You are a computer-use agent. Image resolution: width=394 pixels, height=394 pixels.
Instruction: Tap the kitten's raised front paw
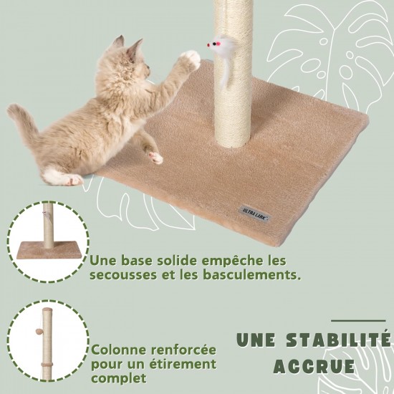191,59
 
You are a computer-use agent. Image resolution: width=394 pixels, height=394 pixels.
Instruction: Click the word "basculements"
251,274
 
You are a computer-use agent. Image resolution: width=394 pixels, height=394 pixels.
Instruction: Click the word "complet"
119,378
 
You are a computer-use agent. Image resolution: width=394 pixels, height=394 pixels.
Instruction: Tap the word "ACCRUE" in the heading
314,366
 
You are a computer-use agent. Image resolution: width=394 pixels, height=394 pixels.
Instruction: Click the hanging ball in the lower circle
39,332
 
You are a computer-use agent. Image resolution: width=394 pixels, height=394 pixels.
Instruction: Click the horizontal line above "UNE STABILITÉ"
358,321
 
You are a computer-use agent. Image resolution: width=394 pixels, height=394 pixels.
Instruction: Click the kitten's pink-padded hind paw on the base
155,158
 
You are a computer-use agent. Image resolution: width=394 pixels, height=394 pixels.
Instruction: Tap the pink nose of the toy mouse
208,45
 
